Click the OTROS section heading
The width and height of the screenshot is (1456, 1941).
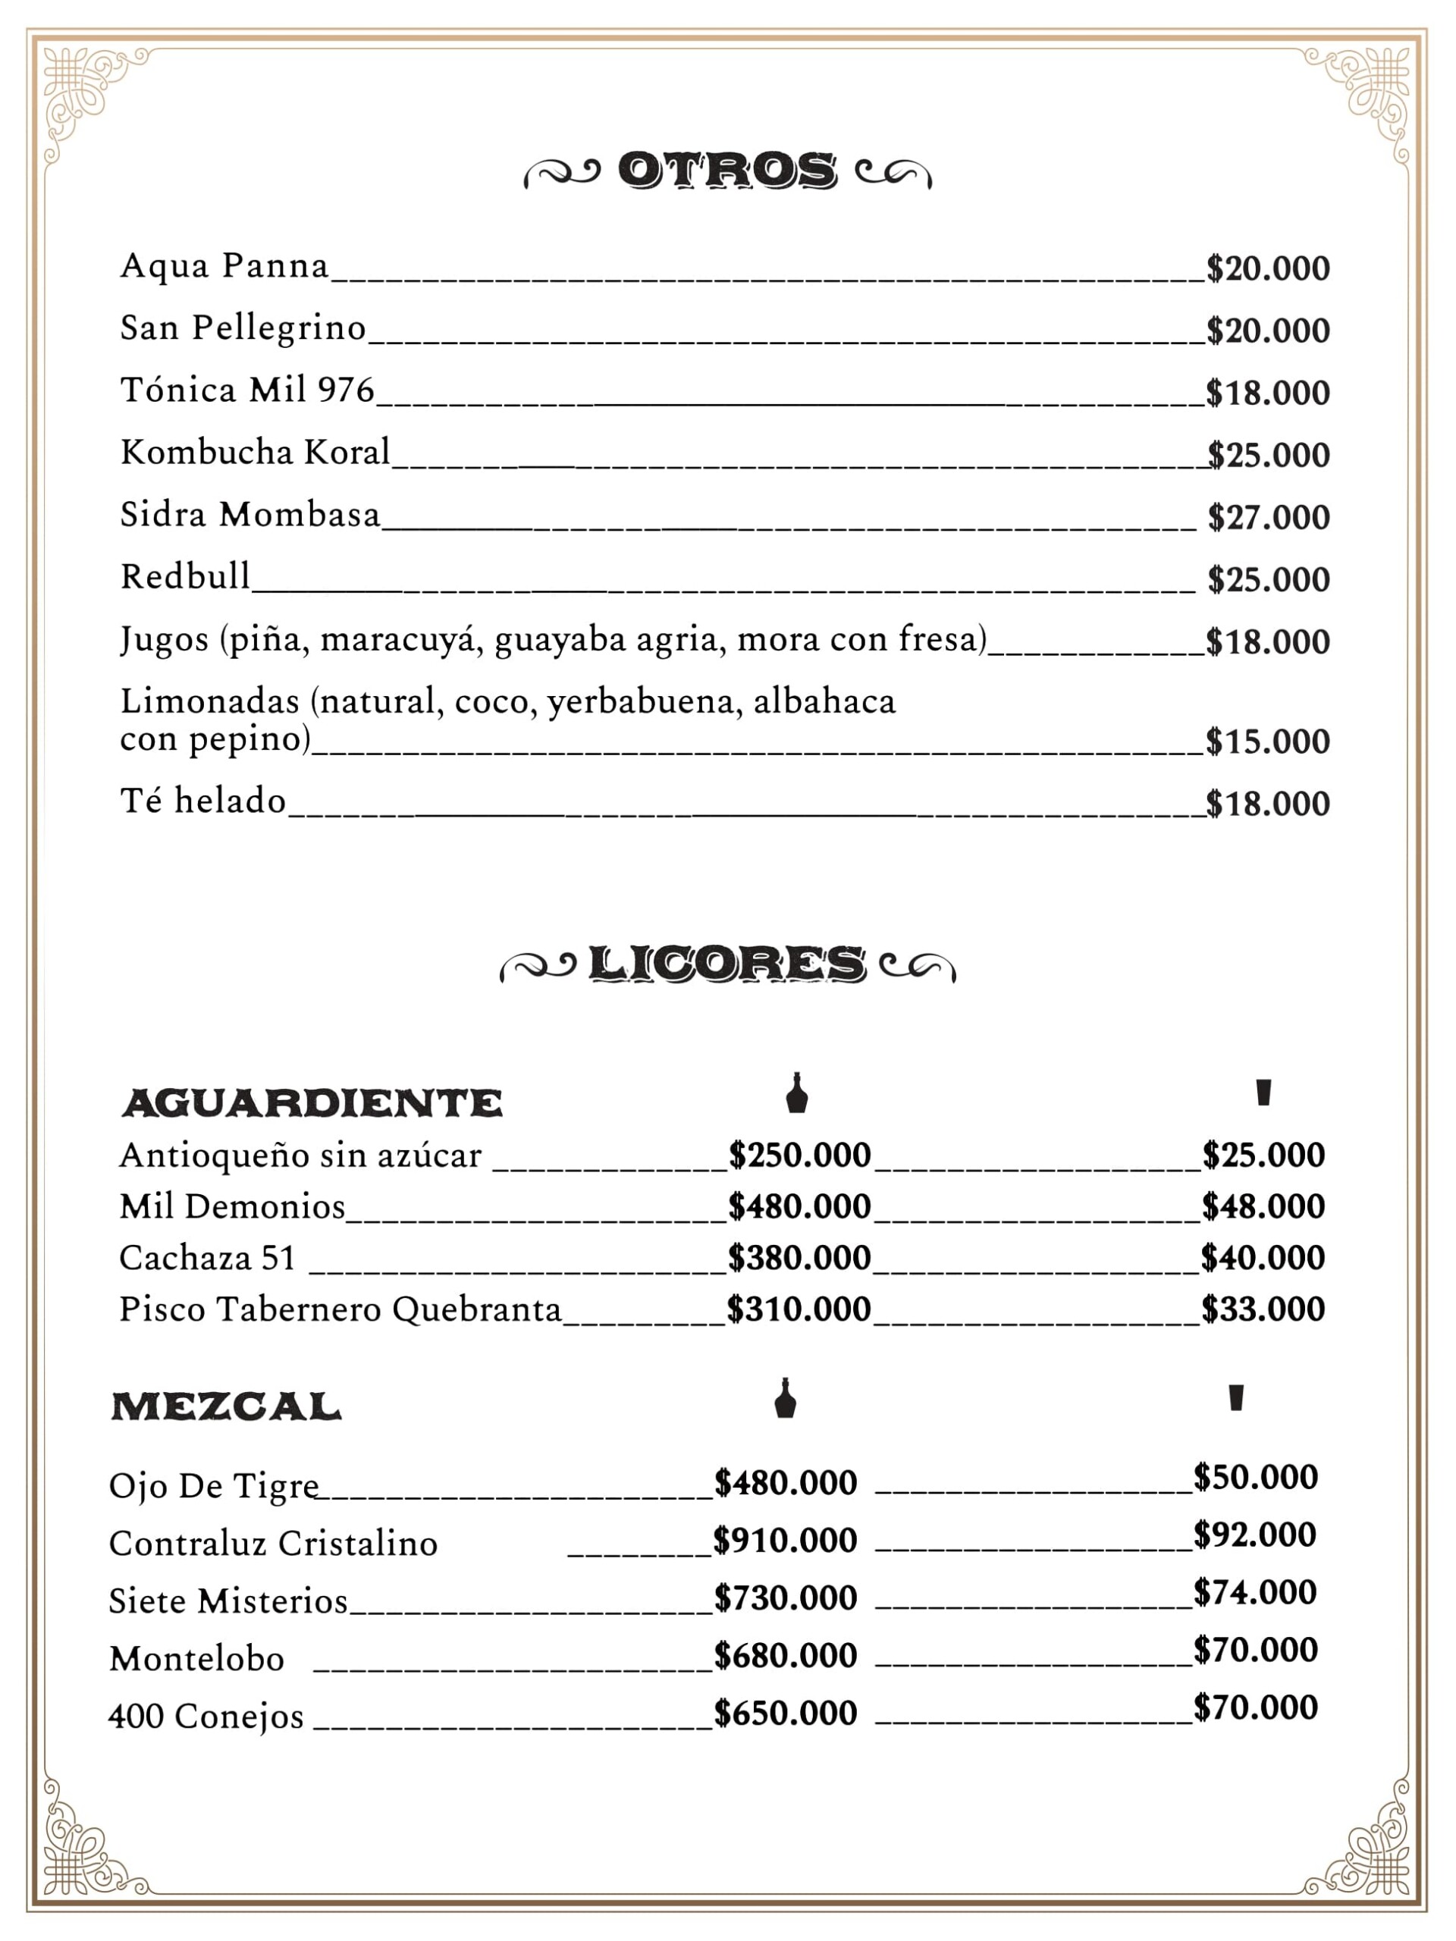click(x=726, y=171)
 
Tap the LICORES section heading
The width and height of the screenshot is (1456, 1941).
click(x=726, y=964)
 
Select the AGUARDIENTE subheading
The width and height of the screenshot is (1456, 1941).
click(x=312, y=1103)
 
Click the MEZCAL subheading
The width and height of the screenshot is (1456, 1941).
click(x=227, y=1406)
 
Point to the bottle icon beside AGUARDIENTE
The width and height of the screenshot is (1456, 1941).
click(x=796, y=1093)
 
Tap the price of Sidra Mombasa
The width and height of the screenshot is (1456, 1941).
click(x=1268, y=518)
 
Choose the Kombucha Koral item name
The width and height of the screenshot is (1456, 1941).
click(x=256, y=453)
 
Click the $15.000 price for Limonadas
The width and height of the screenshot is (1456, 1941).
click(x=1267, y=742)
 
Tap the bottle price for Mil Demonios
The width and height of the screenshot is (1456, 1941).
click(x=799, y=1206)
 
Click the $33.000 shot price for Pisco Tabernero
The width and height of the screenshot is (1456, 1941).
click(x=1262, y=1309)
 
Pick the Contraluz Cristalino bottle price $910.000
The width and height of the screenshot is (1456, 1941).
click(x=785, y=1540)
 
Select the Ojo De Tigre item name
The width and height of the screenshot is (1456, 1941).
click(x=213, y=1485)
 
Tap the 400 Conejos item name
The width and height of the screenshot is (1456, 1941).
click(x=206, y=1717)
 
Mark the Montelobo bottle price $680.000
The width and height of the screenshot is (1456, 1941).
click(x=785, y=1655)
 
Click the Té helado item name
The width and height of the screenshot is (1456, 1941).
click(x=202, y=801)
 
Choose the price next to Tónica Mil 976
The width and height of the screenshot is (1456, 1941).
click(x=1267, y=393)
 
